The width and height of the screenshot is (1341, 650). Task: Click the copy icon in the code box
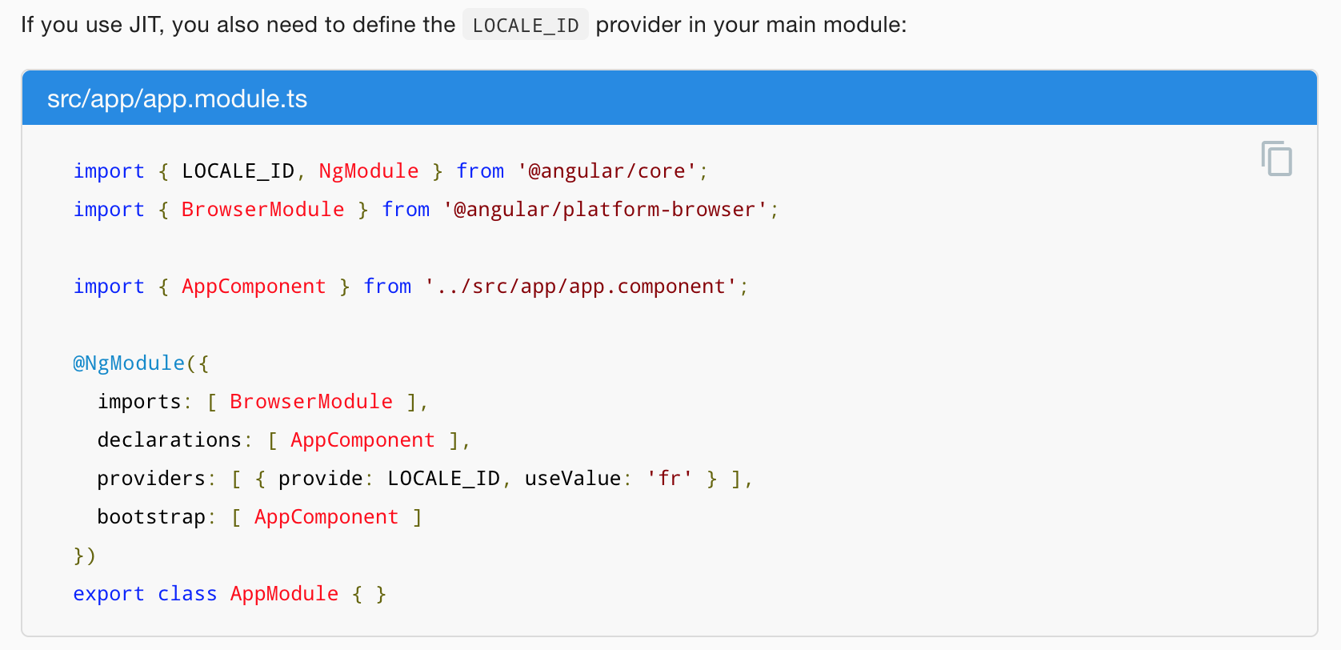pyautogui.click(x=1276, y=158)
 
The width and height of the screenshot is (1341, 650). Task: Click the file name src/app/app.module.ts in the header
pyautogui.click(x=177, y=98)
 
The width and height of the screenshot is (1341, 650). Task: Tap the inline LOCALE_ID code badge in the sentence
pyautogui.click(x=526, y=25)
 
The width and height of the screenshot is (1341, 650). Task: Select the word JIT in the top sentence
pyautogui.click(x=146, y=25)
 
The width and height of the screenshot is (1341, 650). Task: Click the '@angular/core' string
pyautogui.click(x=606, y=171)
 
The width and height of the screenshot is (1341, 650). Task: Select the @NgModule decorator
pyautogui.click(x=129, y=363)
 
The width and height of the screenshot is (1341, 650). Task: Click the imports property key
pyautogui.click(x=139, y=401)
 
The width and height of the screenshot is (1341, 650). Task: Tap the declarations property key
pyautogui.click(x=170, y=440)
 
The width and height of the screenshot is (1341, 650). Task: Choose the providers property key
pyautogui.click(x=151, y=479)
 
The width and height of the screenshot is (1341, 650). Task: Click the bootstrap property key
pyautogui.click(x=151, y=517)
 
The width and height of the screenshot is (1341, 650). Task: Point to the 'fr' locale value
pyautogui.click(x=670, y=479)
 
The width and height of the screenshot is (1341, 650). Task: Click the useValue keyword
pyautogui.click(x=573, y=479)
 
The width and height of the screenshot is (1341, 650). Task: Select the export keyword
pyautogui.click(x=109, y=594)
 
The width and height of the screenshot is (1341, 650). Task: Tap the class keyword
pyautogui.click(x=187, y=594)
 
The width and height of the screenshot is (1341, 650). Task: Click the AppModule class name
pyautogui.click(x=284, y=594)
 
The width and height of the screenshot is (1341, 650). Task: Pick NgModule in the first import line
pyautogui.click(x=369, y=171)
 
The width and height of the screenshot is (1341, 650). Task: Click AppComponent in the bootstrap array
pyautogui.click(x=326, y=517)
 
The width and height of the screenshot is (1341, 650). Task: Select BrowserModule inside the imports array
pyautogui.click(x=311, y=401)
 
